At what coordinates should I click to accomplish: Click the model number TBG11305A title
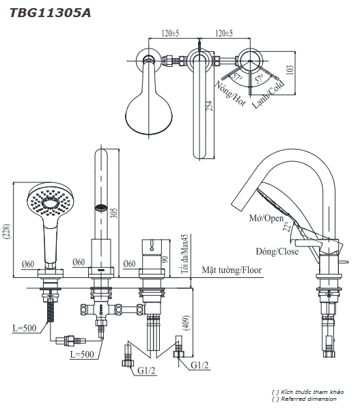(x=50, y=13)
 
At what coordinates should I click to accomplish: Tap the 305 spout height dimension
(x=114, y=213)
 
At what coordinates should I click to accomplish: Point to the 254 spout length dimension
(x=209, y=106)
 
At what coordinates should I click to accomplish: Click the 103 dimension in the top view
(x=290, y=70)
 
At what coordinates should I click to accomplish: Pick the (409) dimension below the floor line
(x=186, y=323)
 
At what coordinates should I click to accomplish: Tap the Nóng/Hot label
(x=230, y=94)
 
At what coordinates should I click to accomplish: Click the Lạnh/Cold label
(x=268, y=94)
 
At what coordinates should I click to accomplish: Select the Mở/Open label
(x=266, y=218)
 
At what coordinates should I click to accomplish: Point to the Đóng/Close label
(x=277, y=252)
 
